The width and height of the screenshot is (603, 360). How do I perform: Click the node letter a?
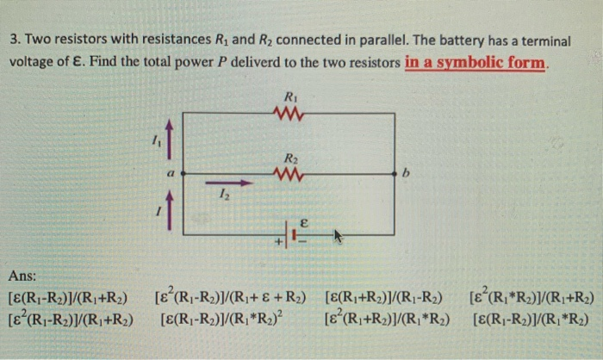(172, 173)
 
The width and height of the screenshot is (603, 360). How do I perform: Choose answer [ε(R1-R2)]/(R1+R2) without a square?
(68, 298)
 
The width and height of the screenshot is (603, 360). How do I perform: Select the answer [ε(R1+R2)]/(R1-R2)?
(385, 298)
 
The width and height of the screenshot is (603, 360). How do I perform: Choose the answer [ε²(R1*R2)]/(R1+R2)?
(529, 298)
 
